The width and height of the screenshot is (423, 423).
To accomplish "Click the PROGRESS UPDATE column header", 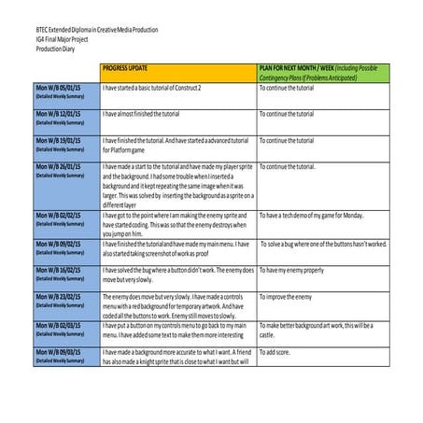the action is tap(135, 69).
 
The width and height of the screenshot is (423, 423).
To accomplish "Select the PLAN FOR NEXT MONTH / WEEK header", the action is tap(317, 73).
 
